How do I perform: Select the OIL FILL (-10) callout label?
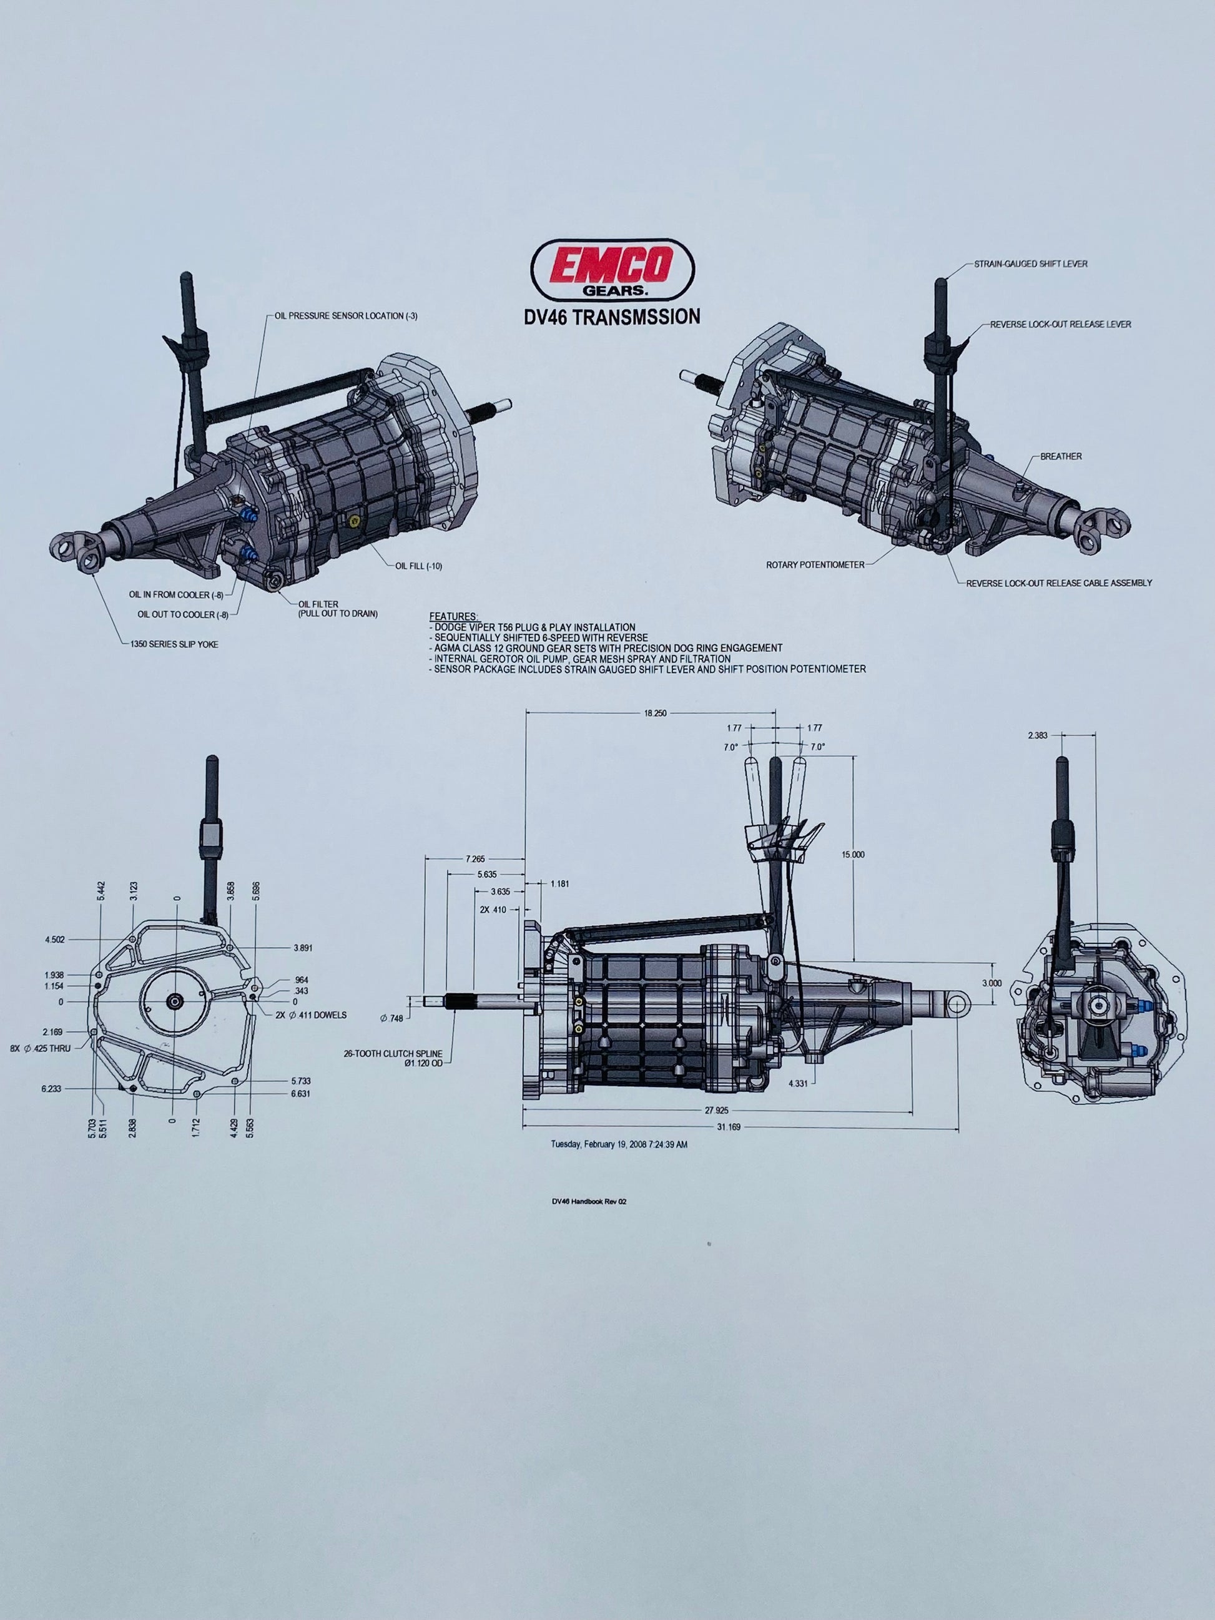coord(418,566)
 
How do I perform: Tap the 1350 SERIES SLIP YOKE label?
coord(174,644)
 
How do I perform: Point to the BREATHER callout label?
coord(1060,456)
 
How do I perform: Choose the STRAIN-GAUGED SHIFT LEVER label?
coord(1030,263)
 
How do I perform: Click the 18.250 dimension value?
coord(655,712)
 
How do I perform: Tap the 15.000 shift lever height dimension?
coord(853,854)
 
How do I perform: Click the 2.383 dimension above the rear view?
coord(1038,735)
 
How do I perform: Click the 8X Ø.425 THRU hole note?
coord(41,1049)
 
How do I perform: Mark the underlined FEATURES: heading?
coord(453,617)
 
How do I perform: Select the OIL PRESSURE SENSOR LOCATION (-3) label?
coord(346,317)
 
